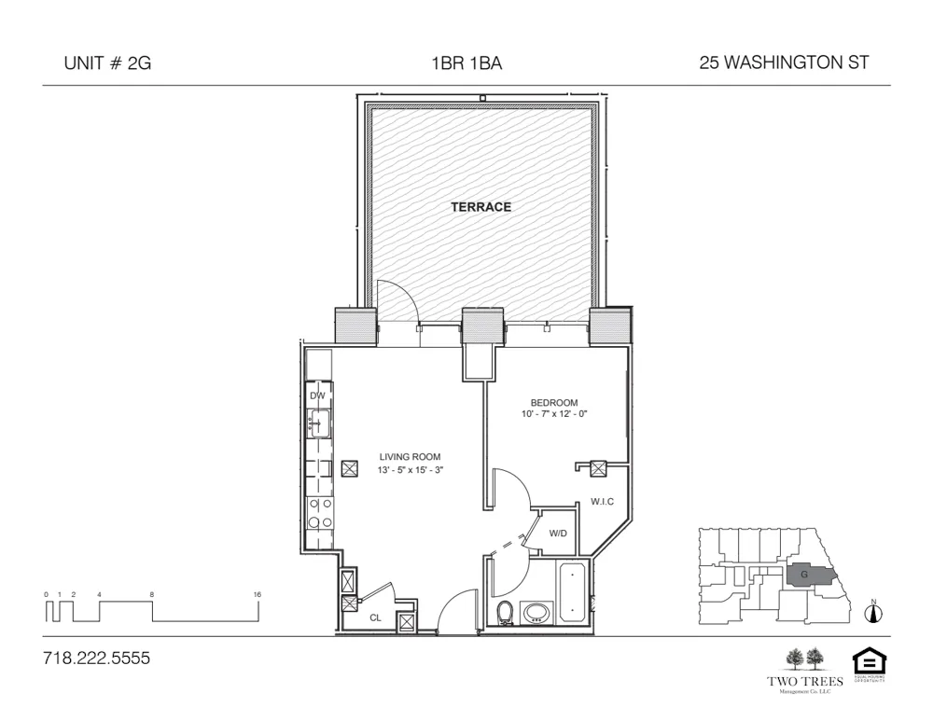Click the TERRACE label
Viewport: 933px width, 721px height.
tap(480, 207)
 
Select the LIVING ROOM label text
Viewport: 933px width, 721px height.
tap(410, 457)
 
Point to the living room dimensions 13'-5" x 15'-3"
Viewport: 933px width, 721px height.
tap(410, 470)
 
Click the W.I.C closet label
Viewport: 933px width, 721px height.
tap(602, 502)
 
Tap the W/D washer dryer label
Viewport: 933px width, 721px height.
tap(558, 534)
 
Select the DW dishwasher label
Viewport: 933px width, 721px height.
tap(317, 395)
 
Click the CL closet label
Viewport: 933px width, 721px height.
tap(375, 617)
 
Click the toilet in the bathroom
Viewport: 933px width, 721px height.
tap(506, 613)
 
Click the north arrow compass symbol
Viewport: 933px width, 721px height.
tap(874, 612)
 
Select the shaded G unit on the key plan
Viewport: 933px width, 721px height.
tap(805, 575)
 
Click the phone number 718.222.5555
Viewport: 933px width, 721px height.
tap(96, 659)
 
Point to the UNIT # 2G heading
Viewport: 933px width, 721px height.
tap(105, 63)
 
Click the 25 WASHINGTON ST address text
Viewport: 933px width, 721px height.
tap(784, 63)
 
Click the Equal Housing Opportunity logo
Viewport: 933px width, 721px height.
tap(869, 664)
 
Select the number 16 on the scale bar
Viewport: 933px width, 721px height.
tap(257, 594)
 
